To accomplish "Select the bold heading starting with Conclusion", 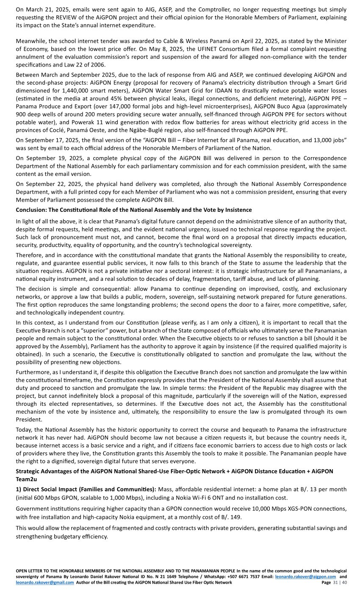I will [134, 210].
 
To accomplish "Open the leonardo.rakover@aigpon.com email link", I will [305, 577].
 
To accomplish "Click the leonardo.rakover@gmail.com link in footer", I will [45, 582].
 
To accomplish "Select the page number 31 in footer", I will [335, 582].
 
